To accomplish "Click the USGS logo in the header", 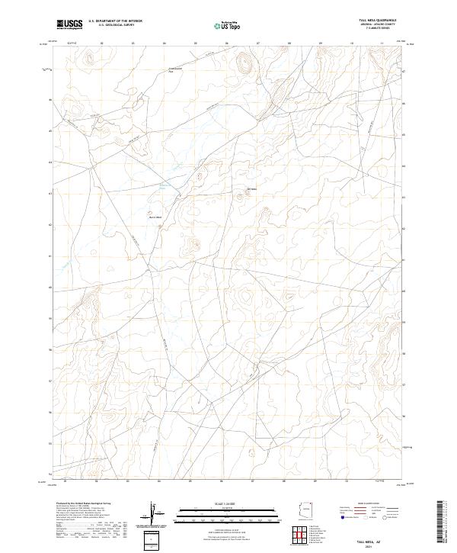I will coord(69,24).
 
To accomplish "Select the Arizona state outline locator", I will coord(307,509).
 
